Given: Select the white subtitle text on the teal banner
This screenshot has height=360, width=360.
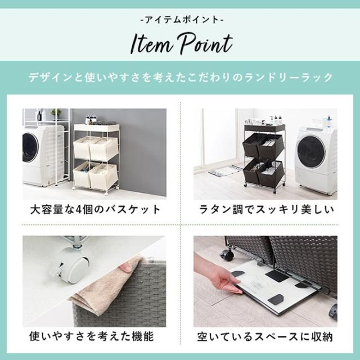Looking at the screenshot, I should (x=180, y=77).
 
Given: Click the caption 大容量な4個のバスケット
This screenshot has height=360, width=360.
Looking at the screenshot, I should (x=95, y=210).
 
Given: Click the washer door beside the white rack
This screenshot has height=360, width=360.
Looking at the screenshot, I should (x=31, y=147).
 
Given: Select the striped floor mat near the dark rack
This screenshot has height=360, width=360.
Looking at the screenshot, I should (x=224, y=170).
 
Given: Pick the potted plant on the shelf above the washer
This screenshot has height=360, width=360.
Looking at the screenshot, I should (x=56, y=112).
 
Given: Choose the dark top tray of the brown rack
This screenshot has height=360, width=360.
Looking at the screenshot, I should (x=264, y=128).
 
